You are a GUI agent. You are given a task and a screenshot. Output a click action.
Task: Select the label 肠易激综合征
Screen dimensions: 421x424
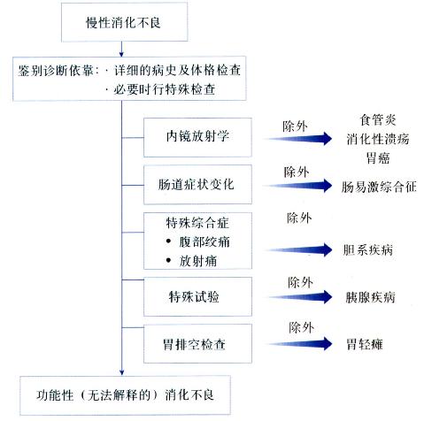378,188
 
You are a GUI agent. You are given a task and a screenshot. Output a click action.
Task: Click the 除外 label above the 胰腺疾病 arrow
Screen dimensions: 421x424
299,282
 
